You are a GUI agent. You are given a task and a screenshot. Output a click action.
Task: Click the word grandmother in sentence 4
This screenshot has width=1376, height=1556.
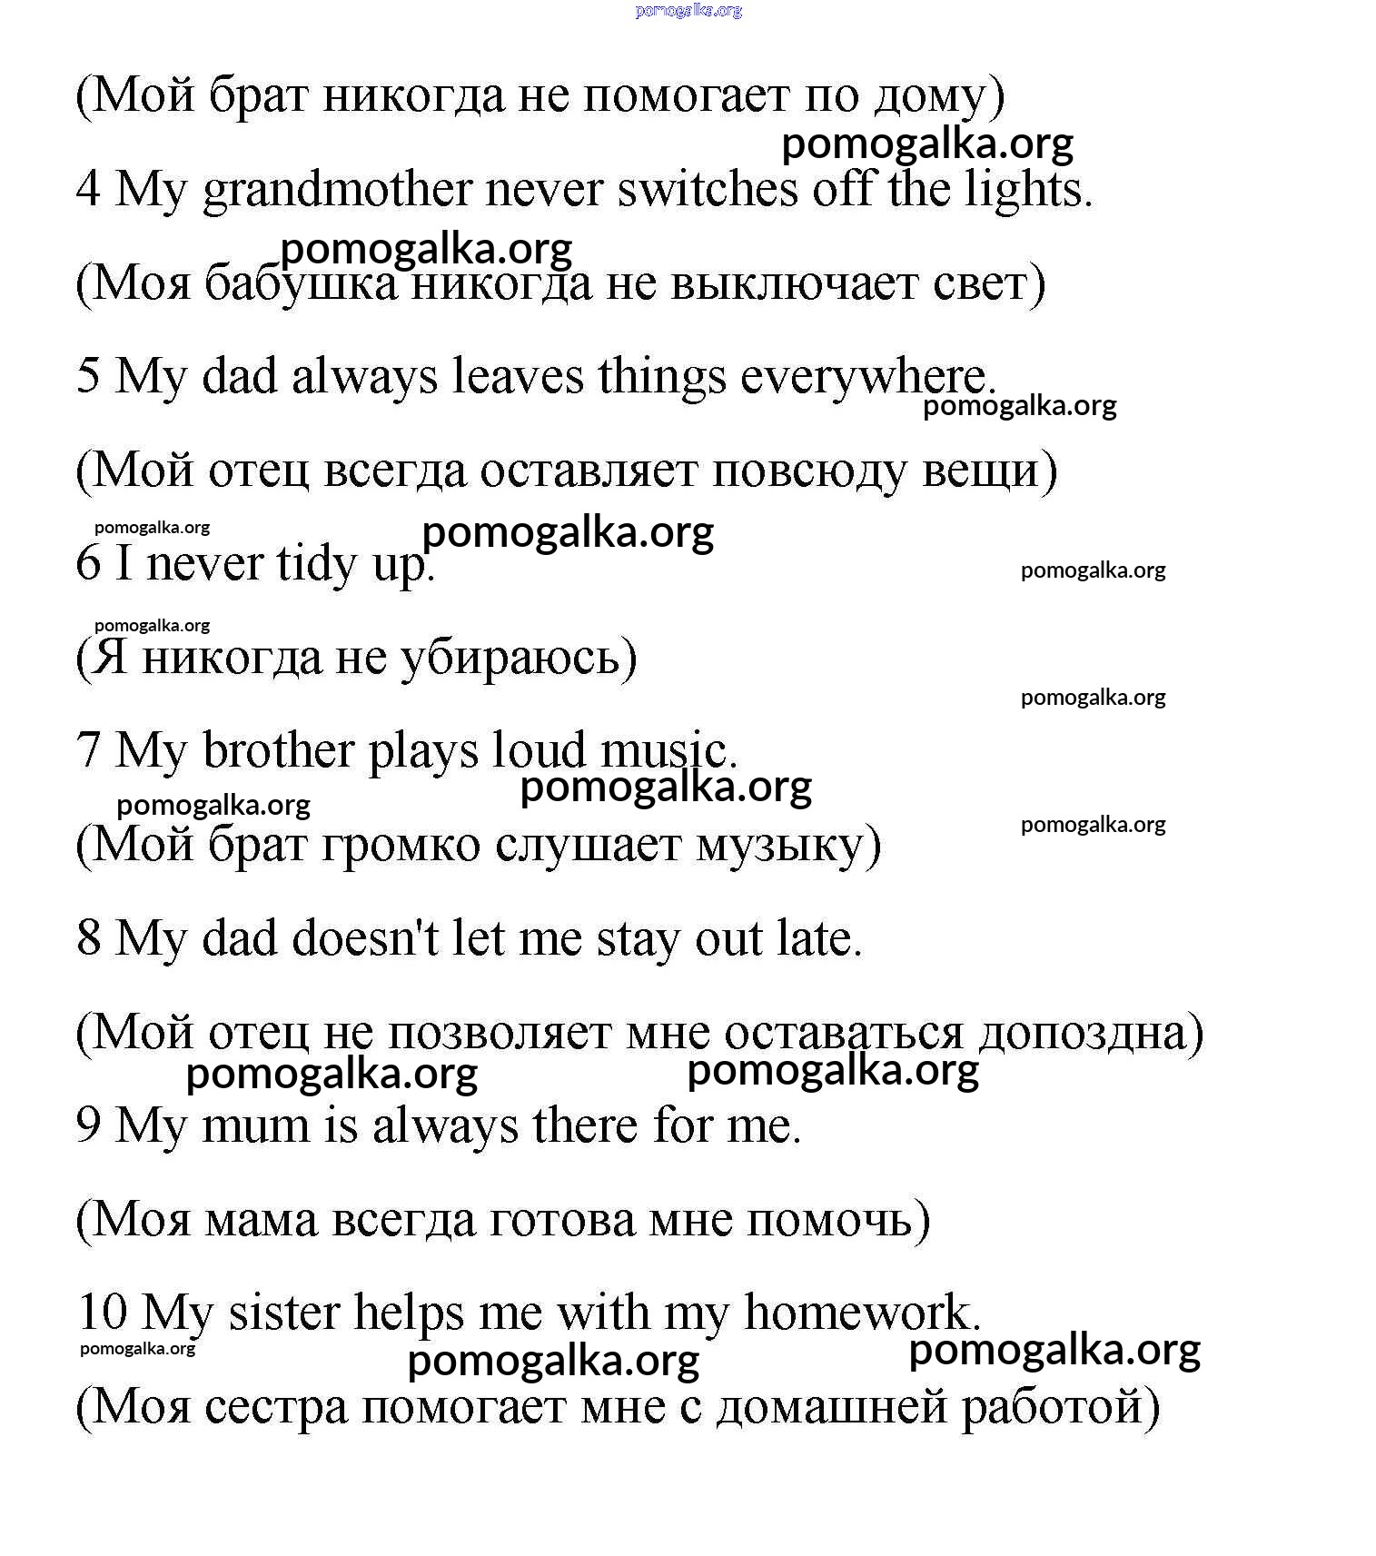coord(338,191)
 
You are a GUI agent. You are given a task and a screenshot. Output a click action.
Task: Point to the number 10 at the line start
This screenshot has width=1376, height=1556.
coord(102,1313)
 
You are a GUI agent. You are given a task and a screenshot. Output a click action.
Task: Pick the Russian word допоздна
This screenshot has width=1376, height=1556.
coord(1091,1033)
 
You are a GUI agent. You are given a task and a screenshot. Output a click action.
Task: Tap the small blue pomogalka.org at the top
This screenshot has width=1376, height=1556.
coord(688,11)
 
